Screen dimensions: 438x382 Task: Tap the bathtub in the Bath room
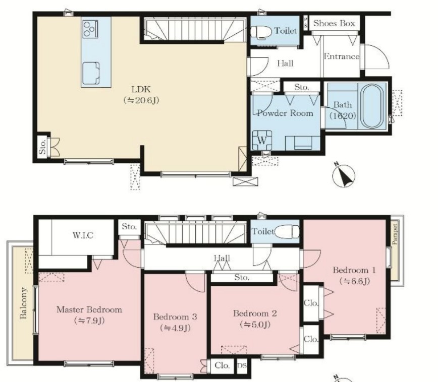[371, 106]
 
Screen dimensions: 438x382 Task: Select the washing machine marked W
[262, 140]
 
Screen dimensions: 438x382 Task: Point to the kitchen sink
[91, 73]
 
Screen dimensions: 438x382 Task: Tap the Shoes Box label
[334, 23]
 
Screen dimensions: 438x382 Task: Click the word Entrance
[341, 56]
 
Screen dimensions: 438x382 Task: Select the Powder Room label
[285, 113]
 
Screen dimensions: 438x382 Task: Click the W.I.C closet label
[83, 235]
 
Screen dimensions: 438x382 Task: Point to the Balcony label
[23, 303]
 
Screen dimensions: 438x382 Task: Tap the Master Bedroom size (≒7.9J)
[89, 321]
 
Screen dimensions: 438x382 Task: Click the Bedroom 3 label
[175, 317]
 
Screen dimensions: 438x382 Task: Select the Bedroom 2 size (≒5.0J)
[255, 324]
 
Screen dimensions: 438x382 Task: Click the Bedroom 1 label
[354, 270]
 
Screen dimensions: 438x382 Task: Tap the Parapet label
[395, 234]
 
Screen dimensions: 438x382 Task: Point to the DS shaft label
[242, 365]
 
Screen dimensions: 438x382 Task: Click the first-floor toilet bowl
[261, 32]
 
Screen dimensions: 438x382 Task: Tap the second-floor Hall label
[222, 258]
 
